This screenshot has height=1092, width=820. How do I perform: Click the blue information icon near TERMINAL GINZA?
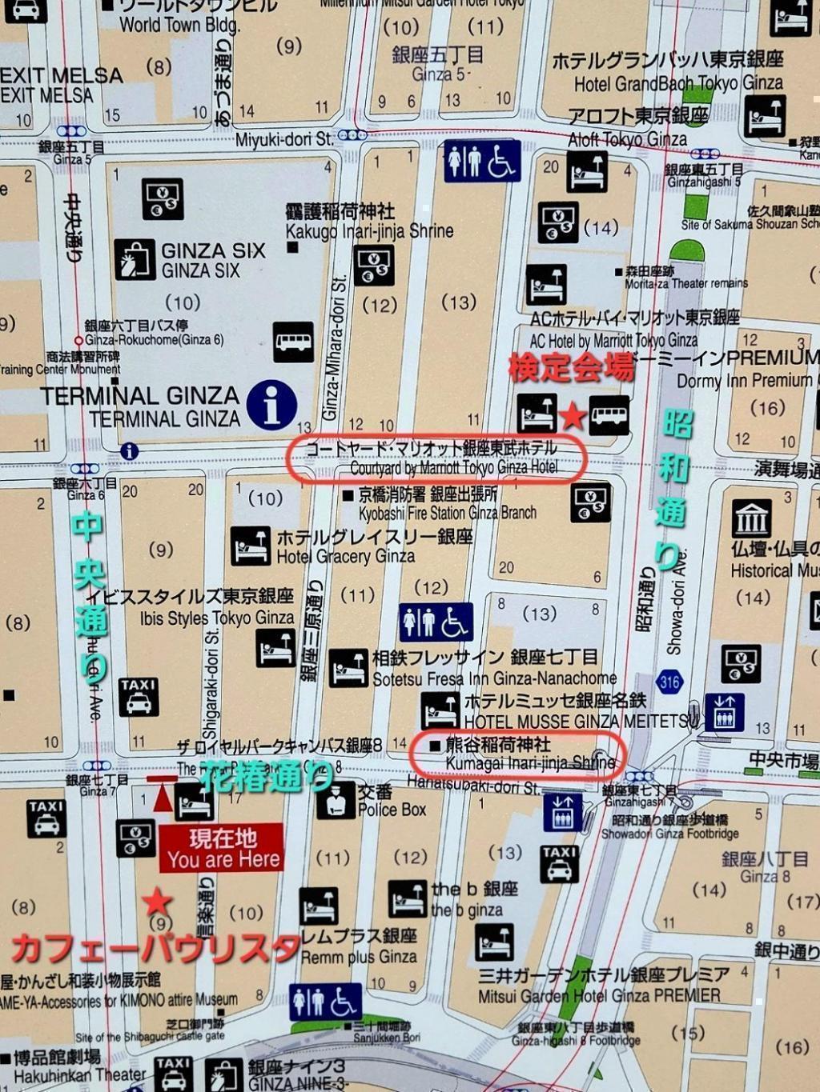(x=271, y=404)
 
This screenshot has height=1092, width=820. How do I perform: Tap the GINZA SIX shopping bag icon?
(x=135, y=260)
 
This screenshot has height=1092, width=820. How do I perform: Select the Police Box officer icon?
(x=335, y=799)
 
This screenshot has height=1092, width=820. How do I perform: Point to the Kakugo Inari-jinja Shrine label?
(x=368, y=222)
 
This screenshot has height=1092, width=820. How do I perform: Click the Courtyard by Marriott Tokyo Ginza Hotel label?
(x=436, y=458)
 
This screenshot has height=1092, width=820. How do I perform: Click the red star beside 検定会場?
(x=573, y=415)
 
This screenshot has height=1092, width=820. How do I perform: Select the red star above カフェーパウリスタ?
(x=156, y=902)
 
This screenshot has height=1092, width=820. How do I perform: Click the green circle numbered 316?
(x=669, y=682)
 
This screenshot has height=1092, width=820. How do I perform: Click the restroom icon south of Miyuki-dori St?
(x=481, y=161)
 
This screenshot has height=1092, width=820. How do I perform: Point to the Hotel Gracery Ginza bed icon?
(x=250, y=546)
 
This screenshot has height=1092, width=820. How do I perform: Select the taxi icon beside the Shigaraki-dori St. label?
(x=138, y=697)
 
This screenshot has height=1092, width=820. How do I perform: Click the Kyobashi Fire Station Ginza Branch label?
(x=439, y=504)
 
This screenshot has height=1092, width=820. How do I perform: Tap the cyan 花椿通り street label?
(x=266, y=776)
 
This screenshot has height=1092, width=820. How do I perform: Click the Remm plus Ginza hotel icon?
(x=319, y=906)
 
